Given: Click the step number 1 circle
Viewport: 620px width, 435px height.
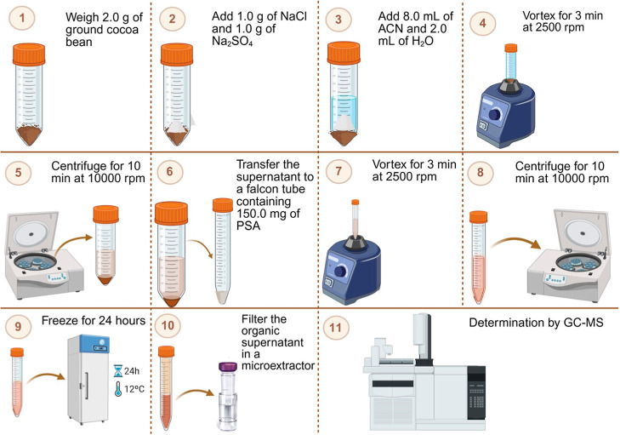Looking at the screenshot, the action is [x=22, y=18].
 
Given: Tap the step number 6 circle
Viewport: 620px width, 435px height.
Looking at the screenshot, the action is [x=169, y=171].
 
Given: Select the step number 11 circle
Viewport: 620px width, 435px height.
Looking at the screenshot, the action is [x=335, y=328].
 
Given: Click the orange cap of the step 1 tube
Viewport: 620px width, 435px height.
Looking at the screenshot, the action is [x=29, y=54].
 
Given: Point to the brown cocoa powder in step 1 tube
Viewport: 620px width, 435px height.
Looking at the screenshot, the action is [x=29, y=133].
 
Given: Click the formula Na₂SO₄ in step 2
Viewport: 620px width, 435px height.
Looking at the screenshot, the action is [x=232, y=41].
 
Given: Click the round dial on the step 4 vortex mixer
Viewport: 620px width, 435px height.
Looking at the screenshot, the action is [x=495, y=114].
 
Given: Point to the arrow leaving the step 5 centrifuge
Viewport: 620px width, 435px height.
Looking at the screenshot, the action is [x=72, y=242].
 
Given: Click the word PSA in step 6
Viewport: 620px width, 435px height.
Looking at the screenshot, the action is [x=248, y=226].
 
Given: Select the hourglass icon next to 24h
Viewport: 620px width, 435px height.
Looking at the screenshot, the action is [x=118, y=371].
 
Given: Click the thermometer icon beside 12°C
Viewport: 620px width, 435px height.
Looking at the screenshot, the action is [x=118, y=390].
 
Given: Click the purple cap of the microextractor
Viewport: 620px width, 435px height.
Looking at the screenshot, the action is [x=228, y=367].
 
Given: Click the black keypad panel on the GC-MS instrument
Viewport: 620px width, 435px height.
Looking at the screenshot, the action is [x=476, y=392].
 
